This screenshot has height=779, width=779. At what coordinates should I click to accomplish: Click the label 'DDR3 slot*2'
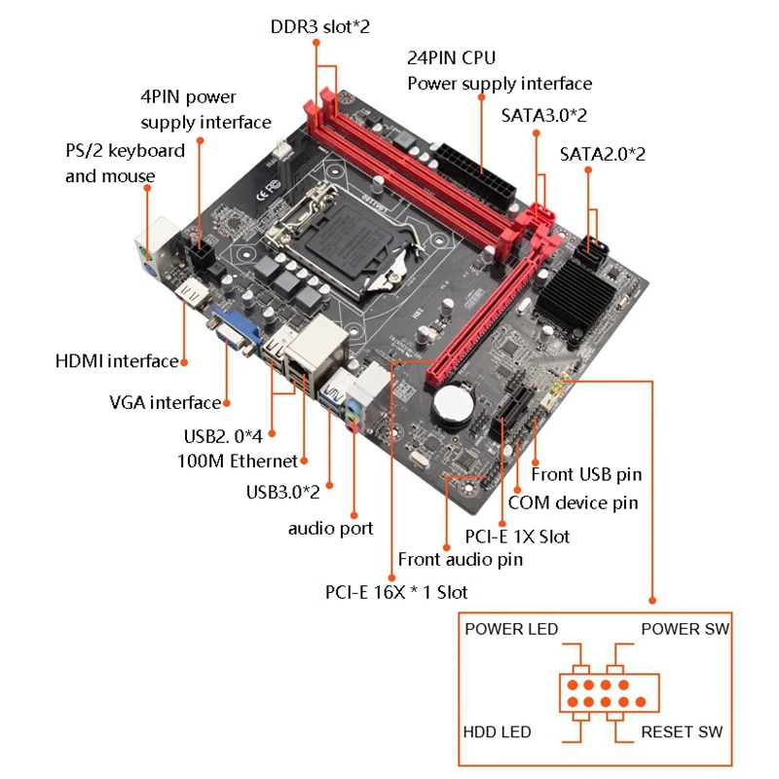(320, 26)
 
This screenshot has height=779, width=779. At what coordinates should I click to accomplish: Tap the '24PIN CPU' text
(451, 58)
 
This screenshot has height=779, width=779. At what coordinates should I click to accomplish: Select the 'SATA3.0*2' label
(544, 115)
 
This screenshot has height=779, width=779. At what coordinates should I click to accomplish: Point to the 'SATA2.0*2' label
(603, 154)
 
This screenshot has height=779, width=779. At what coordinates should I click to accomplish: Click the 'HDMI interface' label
(117, 361)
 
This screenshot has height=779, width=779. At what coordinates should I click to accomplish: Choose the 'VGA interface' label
(165, 402)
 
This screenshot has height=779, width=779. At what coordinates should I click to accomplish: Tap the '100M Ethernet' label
(238, 461)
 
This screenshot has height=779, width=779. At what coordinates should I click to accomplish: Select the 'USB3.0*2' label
(283, 492)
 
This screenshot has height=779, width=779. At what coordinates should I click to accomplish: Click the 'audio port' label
(330, 529)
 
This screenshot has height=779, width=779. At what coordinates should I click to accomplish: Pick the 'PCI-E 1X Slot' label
(518, 536)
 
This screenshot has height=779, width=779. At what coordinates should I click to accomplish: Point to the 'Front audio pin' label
(461, 559)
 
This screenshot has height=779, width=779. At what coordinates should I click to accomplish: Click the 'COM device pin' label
(574, 502)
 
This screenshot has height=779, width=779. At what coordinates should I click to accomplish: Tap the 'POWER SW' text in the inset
(685, 629)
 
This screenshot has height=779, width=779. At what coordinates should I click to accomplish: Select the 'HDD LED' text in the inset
(498, 731)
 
